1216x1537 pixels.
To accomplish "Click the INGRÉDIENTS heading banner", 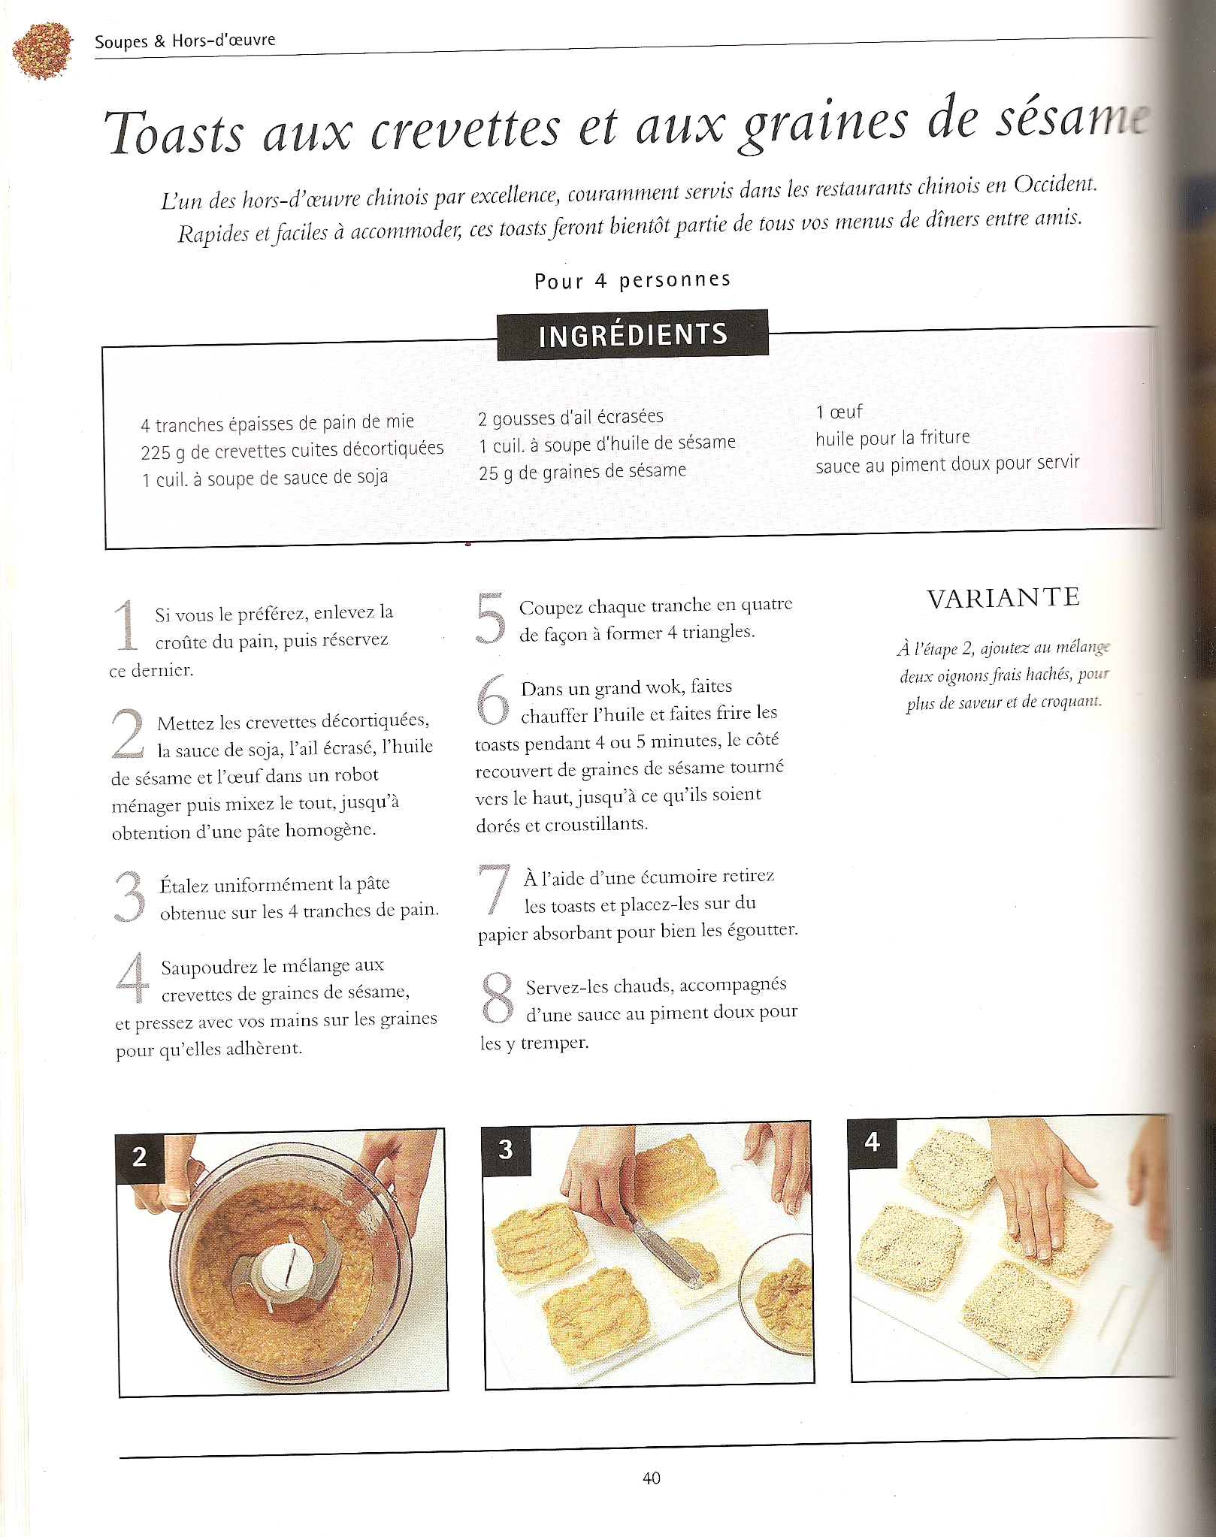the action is (633, 334).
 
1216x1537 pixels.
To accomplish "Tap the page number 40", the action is (652, 1478).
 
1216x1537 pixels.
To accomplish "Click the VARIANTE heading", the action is (1003, 598).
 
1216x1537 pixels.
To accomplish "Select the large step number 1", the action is (126, 625).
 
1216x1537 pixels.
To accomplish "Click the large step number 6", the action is (493, 699).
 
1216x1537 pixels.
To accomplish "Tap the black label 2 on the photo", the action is (139, 1156).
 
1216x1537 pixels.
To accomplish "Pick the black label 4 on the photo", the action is (872, 1143).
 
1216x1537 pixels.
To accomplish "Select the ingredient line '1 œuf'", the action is (839, 412).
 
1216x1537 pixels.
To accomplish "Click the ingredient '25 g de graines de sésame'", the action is (582, 472).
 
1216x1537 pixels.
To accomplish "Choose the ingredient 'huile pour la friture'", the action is (893, 437).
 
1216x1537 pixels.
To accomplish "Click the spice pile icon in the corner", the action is (42, 52).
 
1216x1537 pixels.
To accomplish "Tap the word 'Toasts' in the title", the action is (174, 133).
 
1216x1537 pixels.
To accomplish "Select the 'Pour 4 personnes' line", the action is (632, 281).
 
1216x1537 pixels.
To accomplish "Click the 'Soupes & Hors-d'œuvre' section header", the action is (185, 41).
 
